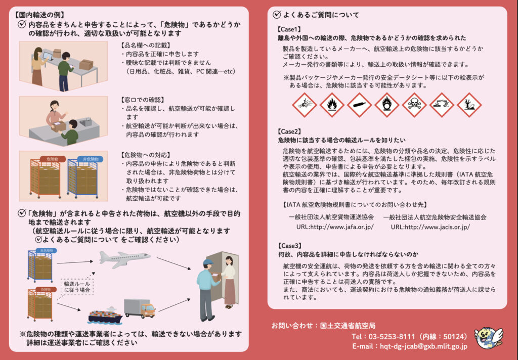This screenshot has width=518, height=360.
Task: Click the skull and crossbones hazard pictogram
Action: [x=414, y=105]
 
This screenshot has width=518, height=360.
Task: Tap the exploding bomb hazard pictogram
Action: [x=304, y=105]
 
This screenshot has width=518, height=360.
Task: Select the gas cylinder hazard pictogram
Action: [x=359, y=105]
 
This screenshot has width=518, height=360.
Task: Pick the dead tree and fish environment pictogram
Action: [x=469, y=105]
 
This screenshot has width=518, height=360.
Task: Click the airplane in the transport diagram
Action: [x=124, y=259]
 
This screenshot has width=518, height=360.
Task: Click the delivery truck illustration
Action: [x=140, y=308]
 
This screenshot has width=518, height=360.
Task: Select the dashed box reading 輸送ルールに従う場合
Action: [x=77, y=287]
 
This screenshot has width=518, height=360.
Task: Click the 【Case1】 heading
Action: [x=289, y=29]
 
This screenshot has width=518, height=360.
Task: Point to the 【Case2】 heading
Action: [x=289, y=132]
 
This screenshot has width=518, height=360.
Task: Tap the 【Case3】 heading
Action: [x=290, y=246]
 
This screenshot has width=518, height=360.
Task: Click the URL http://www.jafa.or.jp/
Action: [x=335, y=227]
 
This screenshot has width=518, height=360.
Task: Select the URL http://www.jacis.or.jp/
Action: [x=430, y=227]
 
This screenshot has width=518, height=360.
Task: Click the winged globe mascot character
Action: [x=489, y=339]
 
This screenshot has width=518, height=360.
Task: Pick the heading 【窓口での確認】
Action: [x=143, y=100]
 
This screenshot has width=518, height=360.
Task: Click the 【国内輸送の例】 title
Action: [x=39, y=15]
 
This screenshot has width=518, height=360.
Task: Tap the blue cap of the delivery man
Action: [x=208, y=262]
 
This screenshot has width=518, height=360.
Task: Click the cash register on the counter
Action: [x=86, y=122]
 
